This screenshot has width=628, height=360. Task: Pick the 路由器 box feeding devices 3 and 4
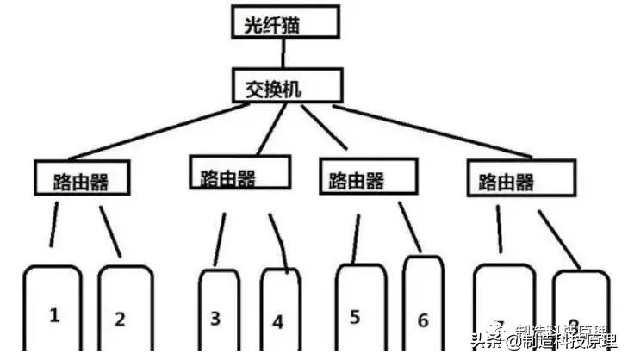[237, 173]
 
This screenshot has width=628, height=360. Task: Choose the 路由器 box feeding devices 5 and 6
[368, 177]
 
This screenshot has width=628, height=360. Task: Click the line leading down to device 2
[111, 231]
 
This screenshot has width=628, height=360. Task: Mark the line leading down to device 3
[221, 239]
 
